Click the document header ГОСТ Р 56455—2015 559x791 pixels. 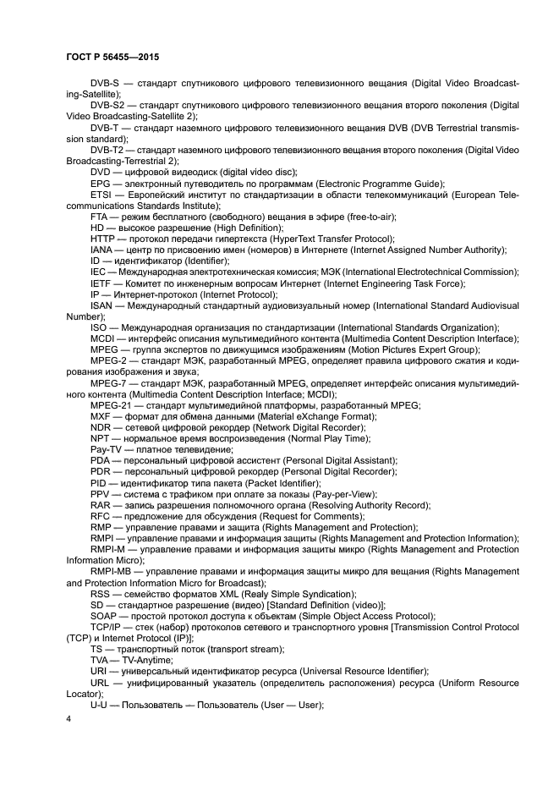pos(112,57)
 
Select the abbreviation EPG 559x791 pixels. pos(100,184)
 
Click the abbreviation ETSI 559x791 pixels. pos(101,195)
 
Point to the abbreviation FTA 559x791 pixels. pos(100,217)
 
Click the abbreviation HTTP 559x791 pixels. pos(102,239)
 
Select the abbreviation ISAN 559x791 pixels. pos(102,305)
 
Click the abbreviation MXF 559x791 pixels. pos(101,415)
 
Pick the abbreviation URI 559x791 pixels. pos(100,669)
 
